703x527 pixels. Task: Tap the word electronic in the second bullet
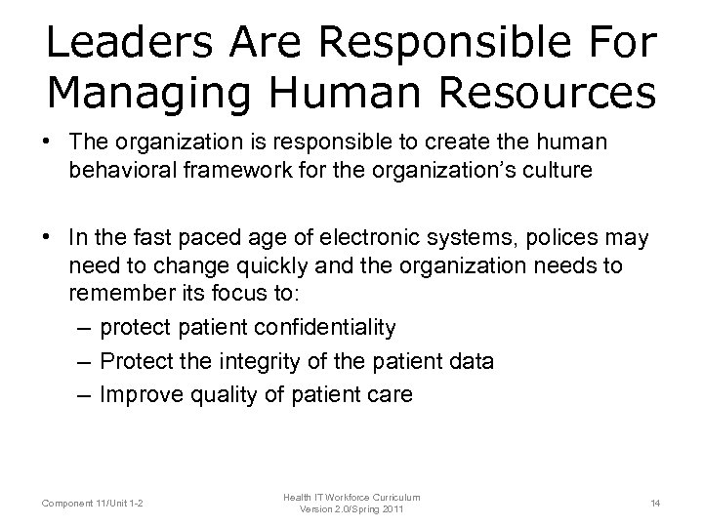tap(363, 237)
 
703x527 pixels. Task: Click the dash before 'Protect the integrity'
tap(84, 361)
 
